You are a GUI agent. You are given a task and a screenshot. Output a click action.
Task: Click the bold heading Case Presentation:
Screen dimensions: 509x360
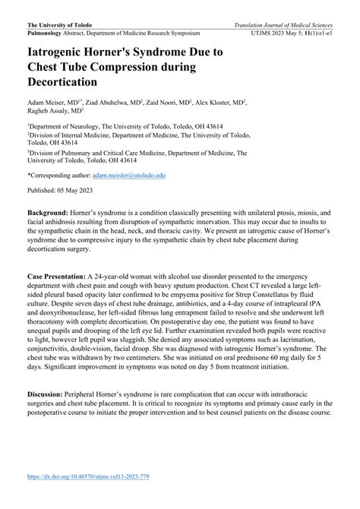click(x=57, y=277)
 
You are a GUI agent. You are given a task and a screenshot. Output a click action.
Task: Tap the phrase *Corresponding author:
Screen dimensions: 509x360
click(x=55, y=174)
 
